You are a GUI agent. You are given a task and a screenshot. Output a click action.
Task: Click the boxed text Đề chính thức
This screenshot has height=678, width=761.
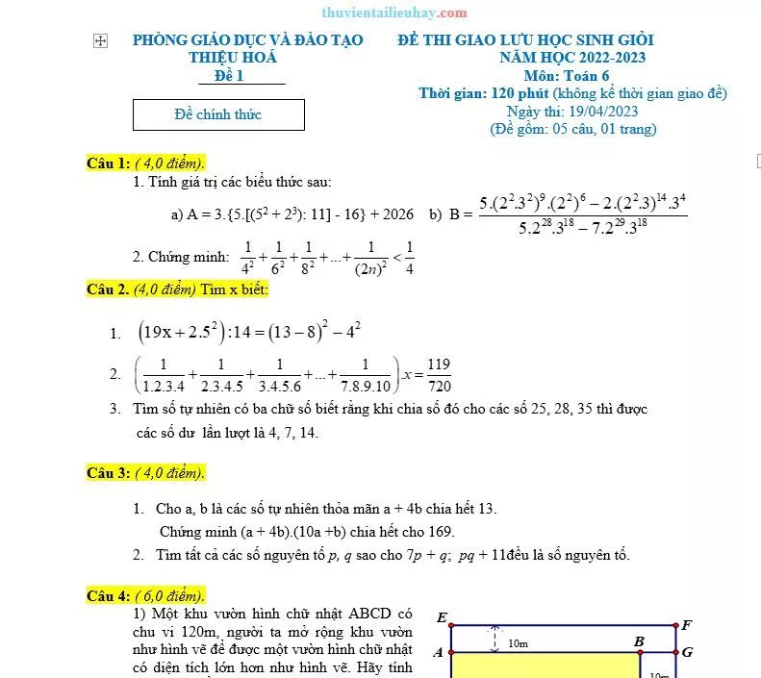click(x=218, y=114)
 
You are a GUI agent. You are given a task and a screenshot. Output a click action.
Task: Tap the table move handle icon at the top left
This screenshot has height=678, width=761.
click(x=100, y=40)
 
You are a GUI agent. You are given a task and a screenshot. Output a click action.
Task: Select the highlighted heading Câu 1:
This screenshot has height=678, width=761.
click(x=108, y=163)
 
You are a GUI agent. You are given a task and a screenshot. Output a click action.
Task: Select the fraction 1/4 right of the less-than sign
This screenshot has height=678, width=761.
click(x=409, y=257)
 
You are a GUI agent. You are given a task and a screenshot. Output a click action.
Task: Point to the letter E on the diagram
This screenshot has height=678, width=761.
click(x=442, y=617)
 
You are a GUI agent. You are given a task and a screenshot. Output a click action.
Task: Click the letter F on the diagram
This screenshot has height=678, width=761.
click(x=686, y=625)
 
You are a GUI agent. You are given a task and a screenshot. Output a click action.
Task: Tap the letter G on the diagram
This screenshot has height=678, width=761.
click(x=686, y=651)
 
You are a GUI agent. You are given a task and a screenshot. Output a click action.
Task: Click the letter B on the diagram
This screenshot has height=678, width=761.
click(x=639, y=640)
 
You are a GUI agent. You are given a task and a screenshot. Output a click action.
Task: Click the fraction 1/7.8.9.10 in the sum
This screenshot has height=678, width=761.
click(x=365, y=373)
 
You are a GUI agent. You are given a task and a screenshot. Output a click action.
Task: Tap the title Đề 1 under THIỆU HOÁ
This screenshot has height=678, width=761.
click(x=229, y=76)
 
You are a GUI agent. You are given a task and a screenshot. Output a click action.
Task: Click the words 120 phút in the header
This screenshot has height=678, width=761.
click(x=520, y=93)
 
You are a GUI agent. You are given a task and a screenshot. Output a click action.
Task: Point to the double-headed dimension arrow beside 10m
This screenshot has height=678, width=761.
click(x=495, y=639)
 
